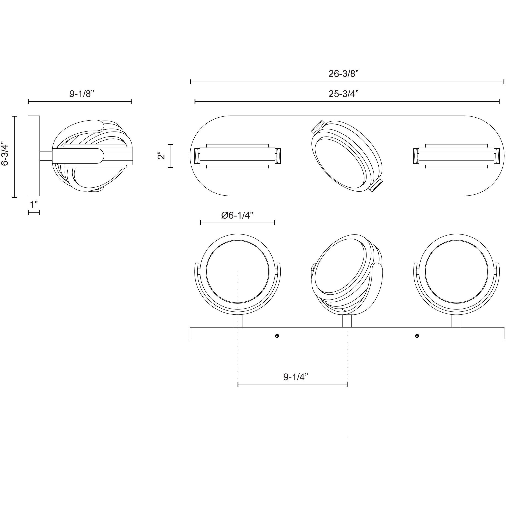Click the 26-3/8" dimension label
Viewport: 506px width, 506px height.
[343, 74]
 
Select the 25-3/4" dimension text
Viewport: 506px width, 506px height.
[343, 94]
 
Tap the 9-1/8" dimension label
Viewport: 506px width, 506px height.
[82, 94]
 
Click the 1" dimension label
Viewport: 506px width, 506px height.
[34, 204]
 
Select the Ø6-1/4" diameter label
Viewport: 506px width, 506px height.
[237, 215]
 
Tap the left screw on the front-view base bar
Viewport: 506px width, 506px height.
[277, 336]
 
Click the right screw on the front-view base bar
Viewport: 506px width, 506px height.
[417, 336]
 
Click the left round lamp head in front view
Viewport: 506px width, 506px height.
[237, 272]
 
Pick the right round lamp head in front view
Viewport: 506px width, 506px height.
[456, 272]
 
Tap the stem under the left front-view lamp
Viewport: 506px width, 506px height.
[237, 321]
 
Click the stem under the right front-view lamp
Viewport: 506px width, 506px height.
[456, 321]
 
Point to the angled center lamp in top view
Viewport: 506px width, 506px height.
[347, 156]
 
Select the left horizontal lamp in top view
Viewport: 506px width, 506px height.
[237, 156]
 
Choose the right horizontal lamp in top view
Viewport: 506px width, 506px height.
[456, 156]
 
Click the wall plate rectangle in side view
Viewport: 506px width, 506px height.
[34, 155]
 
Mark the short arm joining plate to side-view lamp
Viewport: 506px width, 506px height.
[46, 156]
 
